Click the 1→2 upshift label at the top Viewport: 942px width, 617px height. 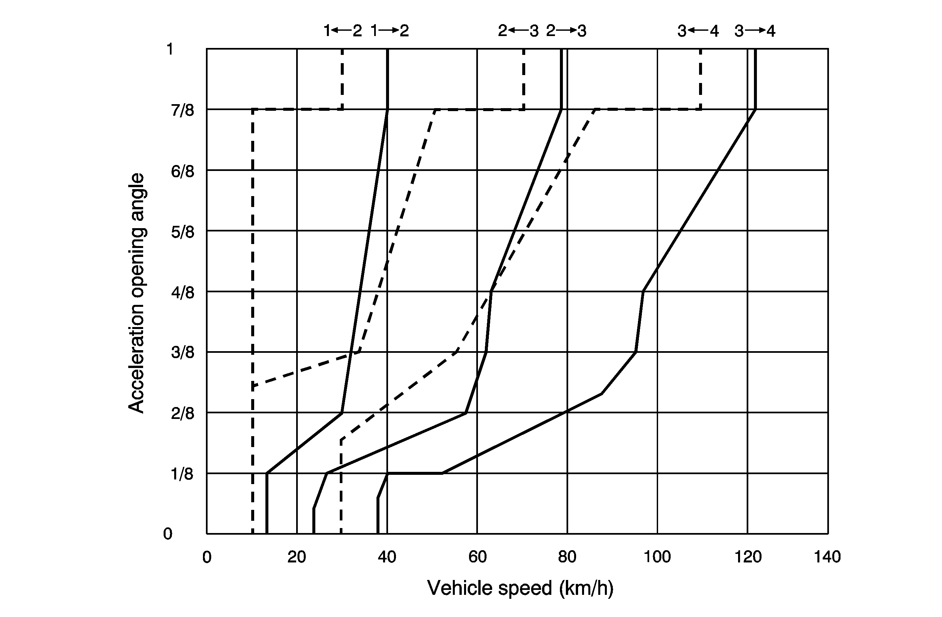389,31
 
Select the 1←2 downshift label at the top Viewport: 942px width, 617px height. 342,31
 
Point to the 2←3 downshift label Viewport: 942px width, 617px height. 518,31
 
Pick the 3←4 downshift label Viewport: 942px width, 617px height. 698,31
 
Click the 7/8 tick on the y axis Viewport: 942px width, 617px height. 182,110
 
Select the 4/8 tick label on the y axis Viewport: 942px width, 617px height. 182,293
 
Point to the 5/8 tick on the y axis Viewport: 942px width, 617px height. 182,232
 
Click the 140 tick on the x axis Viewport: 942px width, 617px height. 827,557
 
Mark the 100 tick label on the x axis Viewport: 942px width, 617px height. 657,557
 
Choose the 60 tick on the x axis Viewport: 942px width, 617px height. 477,557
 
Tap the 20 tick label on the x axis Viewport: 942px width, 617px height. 297,557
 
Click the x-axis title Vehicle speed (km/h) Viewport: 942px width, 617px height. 520,588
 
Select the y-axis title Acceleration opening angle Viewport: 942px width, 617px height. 137,293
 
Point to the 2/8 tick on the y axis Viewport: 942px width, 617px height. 182,414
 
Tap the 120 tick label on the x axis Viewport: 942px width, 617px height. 748,557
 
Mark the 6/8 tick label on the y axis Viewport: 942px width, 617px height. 182,172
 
